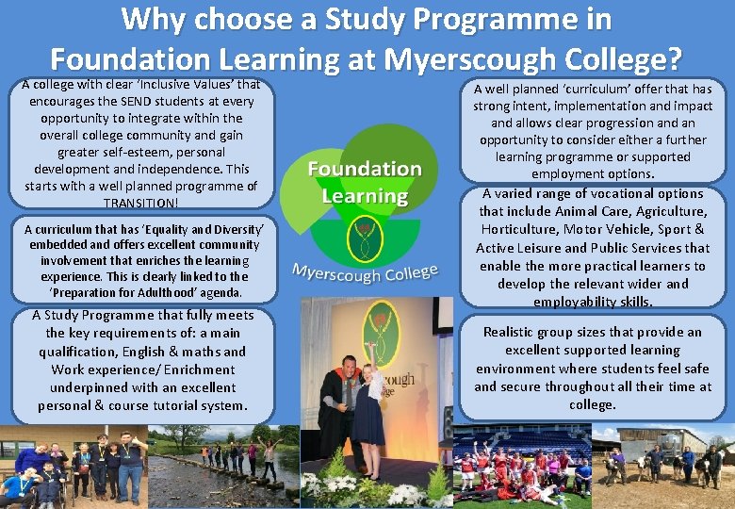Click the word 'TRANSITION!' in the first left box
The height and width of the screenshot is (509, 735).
coord(140,203)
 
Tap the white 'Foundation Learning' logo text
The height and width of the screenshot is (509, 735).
coord(365,182)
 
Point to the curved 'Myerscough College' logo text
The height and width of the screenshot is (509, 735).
coord(365,274)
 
